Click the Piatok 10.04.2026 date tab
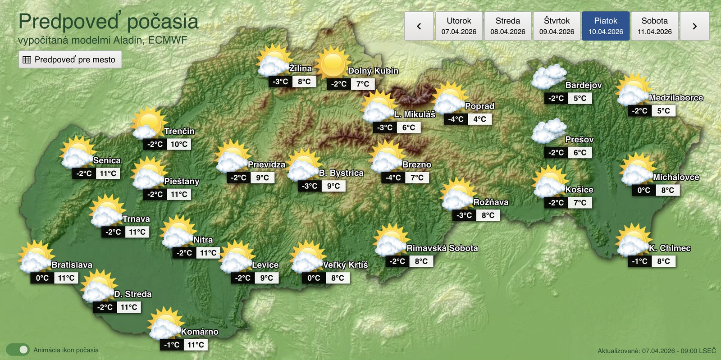click(605, 26)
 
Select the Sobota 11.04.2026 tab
click(654, 26)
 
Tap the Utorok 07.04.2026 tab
click(459, 26)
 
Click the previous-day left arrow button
click(419, 26)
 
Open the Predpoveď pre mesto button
click(70, 59)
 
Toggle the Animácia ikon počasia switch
click(18, 350)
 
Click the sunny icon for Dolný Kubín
click(333, 64)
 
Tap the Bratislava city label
click(72, 265)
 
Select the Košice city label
click(579, 190)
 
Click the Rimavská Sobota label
click(442, 248)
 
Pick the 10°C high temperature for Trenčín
click(179, 144)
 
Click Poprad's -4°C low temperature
click(456, 119)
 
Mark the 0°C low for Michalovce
click(643, 190)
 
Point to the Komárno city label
click(200, 332)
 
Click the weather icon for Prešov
click(548, 131)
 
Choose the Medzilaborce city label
click(675, 97)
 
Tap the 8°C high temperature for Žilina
click(304, 82)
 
